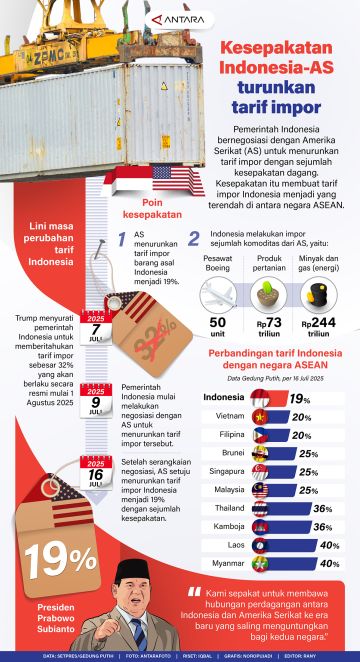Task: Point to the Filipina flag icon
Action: [x=258, y=407]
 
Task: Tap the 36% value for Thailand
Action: [x=323, y=480]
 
